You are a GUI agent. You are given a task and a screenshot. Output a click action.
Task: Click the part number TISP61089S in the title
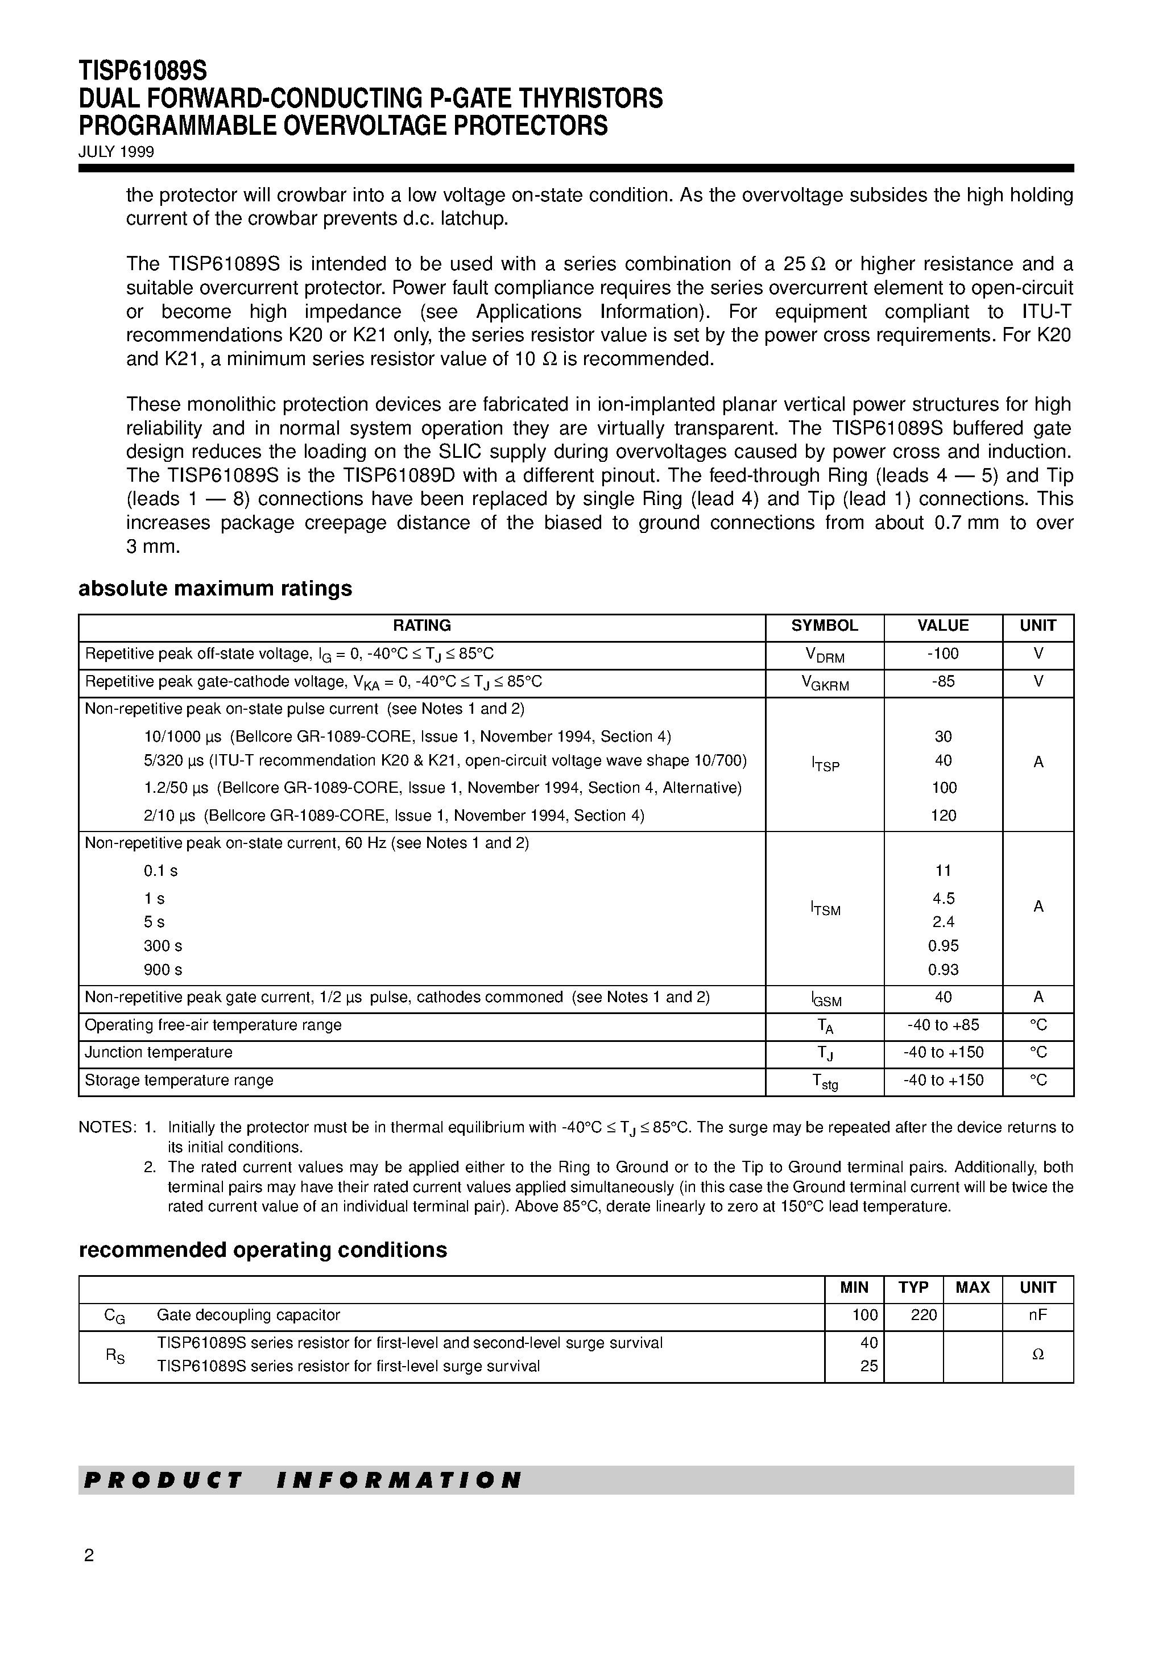click(x=143, y=71)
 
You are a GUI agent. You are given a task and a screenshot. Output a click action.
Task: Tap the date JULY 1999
click(x=116, y=152)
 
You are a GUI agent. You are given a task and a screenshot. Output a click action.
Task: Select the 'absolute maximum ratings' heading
click(x=215, y=589)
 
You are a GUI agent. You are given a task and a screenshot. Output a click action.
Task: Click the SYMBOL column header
click(x=825, y=626)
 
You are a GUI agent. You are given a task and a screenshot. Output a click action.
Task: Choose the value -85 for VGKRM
click(x=942, y=681)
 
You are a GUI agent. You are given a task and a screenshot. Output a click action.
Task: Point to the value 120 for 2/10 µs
click(x=943, y=816)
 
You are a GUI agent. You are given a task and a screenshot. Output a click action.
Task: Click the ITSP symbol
click(x=825, y=763)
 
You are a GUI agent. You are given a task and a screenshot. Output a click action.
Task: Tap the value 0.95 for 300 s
click(x=943, y=946)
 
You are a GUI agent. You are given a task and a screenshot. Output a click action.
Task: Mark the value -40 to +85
click(x=943, y=1025)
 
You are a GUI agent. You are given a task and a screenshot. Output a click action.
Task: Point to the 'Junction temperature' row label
click(x=159, y=1052)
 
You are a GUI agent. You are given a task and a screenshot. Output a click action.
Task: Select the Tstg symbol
click(x=825, y=1081)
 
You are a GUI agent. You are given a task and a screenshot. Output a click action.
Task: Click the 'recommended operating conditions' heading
click(x=262, y=1250)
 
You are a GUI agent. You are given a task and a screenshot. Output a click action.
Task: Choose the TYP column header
click(x=913, y=1287)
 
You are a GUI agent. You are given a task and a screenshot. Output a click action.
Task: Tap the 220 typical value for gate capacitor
click(x=924, y=1314)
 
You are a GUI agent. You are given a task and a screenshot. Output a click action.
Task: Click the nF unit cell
click(x=1037, y=1314)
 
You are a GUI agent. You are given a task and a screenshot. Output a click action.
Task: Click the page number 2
click(x=89, y=1556)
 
